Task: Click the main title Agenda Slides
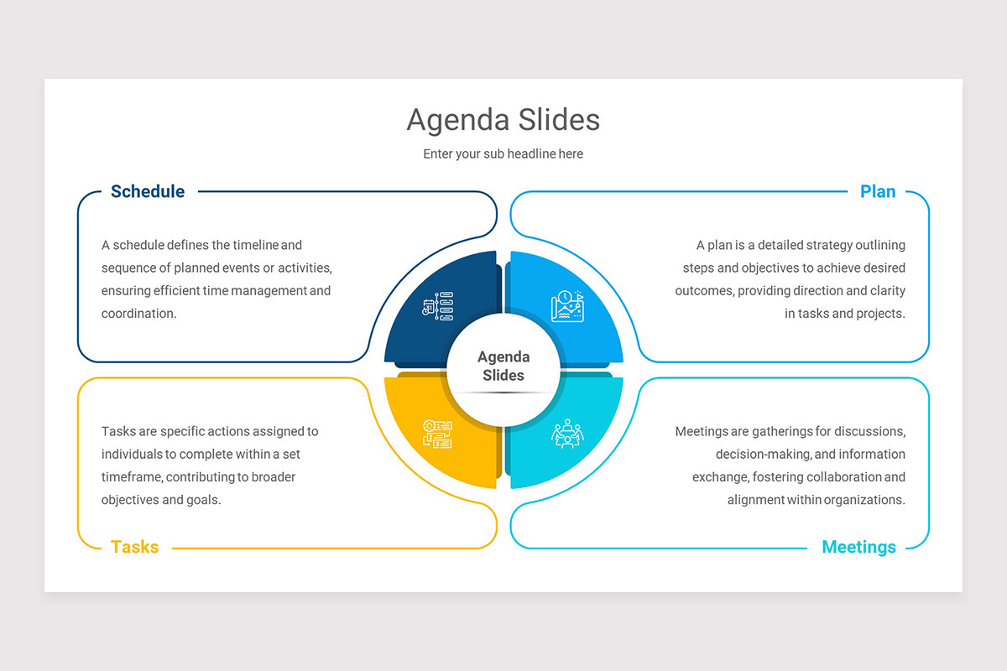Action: coord(503,120)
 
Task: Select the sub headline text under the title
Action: coord(503,154)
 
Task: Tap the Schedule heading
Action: coord(148,191)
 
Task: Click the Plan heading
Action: coord(878,191)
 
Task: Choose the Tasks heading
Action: coord(134,547)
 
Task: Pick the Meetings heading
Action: coord(858,547)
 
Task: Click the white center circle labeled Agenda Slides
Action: coord(503,367)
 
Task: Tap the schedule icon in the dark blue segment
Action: coord(437,306)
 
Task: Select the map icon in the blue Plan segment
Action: coord(567,306)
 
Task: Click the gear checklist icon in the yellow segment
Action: coord(437,433)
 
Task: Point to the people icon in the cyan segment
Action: coord(567,433)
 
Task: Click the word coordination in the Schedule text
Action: coord(138,314)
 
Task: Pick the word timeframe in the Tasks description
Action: coord(131,477)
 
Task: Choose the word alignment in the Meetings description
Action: coord(755,500)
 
